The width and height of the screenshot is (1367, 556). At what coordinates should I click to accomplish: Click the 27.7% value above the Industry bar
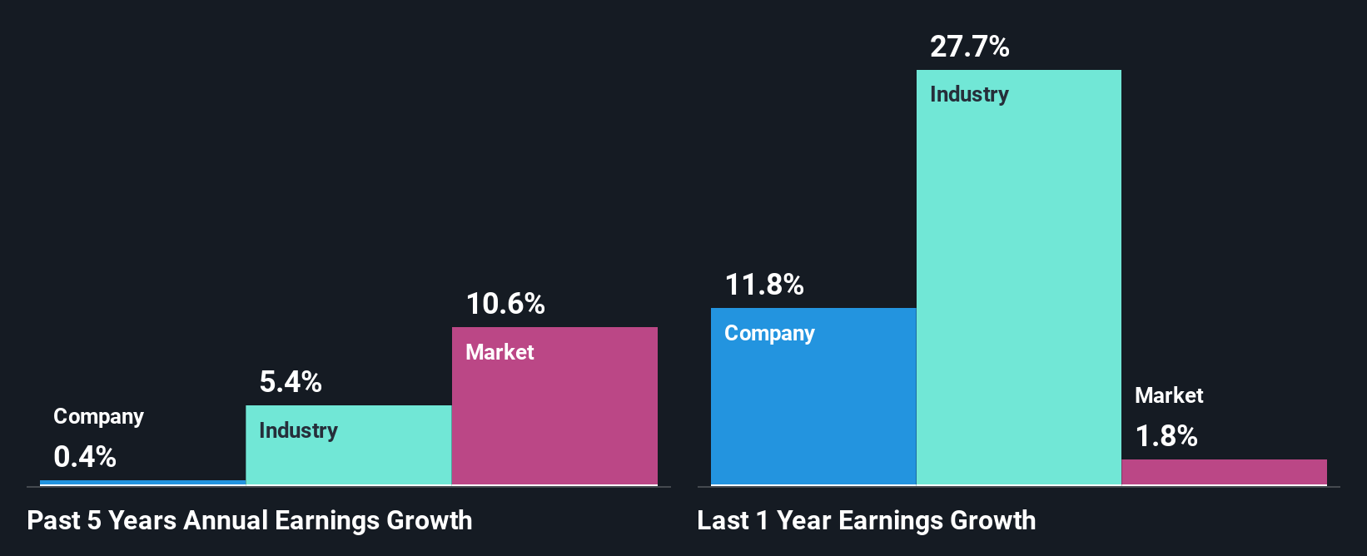point(969,47)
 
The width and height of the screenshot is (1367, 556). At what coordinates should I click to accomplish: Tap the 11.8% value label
point(764,285)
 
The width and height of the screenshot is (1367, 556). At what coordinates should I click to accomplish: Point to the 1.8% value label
point(1166,436)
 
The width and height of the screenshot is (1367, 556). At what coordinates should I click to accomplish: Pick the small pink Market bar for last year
point(1224,472)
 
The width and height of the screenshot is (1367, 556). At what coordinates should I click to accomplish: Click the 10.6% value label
point(505,304)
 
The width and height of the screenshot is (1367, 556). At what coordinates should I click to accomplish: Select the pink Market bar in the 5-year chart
point(554,416)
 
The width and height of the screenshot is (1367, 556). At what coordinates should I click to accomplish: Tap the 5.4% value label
point(291,382)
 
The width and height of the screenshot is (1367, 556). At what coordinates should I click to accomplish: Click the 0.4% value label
point(85,457)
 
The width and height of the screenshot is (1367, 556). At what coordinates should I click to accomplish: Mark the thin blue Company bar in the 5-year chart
point(142,482)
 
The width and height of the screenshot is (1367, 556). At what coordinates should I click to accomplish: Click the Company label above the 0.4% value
point(98,416)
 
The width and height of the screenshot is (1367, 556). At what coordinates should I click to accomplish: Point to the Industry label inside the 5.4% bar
point(298,430)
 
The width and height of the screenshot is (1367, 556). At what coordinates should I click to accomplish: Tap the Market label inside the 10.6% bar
point(500,352)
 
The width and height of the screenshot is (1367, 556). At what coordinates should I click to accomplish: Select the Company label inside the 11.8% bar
point(769,333)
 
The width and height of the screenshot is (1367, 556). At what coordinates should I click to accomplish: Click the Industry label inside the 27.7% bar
point(969,94)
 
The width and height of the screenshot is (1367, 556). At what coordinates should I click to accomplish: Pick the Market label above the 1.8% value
point(1169,395)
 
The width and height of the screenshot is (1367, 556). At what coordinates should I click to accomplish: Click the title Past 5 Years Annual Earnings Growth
point(250,521)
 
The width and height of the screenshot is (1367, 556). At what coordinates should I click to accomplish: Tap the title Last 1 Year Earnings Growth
point(866,521)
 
